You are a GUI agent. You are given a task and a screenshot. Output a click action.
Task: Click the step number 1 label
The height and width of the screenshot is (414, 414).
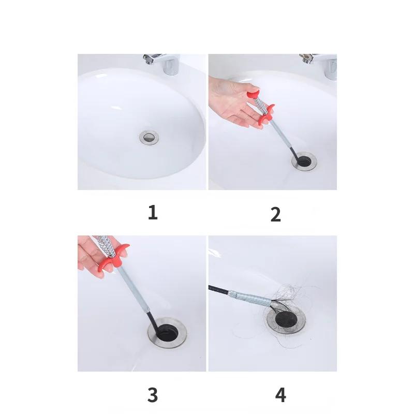tap(153, 213)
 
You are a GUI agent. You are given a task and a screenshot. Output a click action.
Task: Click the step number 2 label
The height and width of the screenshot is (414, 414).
tap(275, 214)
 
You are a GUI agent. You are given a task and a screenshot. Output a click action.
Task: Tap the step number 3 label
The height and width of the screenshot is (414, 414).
tap(153, 395)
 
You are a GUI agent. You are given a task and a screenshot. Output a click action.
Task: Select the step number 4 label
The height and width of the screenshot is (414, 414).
tap(280, 395)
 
